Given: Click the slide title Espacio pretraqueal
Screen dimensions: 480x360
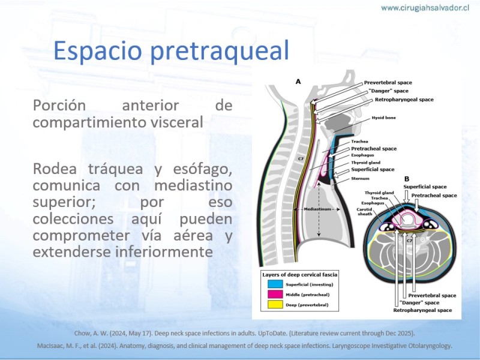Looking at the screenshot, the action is [x=172, y=51].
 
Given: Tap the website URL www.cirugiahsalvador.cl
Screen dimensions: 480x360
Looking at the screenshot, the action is [x=425, y=8].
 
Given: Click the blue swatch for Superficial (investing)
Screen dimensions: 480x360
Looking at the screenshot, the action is [x=275, y=284].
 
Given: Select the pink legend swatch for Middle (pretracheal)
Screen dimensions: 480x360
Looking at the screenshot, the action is [x=275, y=294].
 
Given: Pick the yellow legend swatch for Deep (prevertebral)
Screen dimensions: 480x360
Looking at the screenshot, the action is [x=275, y=305].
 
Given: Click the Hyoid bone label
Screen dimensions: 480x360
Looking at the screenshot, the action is [x=383, y=118].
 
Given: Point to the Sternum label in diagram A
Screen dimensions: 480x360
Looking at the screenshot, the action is [x=361, y=178].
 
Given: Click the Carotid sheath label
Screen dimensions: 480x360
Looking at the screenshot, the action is [x=365, y=212].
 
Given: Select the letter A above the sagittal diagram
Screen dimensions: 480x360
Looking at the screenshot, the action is [x=298, y=82].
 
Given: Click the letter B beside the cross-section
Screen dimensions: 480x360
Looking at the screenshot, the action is [x=407, y=179].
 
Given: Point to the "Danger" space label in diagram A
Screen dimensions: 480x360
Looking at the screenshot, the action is [x=388, y=91].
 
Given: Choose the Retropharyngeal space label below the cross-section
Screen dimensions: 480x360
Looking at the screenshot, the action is [x=422, y=310].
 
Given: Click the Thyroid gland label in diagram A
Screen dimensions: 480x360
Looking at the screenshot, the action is [x=365, y=163].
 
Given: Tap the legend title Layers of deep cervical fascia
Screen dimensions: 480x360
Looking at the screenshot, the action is [x=299, y=275].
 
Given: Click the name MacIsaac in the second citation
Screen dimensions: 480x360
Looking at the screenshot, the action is [x=49, y=346].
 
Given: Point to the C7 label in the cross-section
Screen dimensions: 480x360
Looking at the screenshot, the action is [x=409, y=241].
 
